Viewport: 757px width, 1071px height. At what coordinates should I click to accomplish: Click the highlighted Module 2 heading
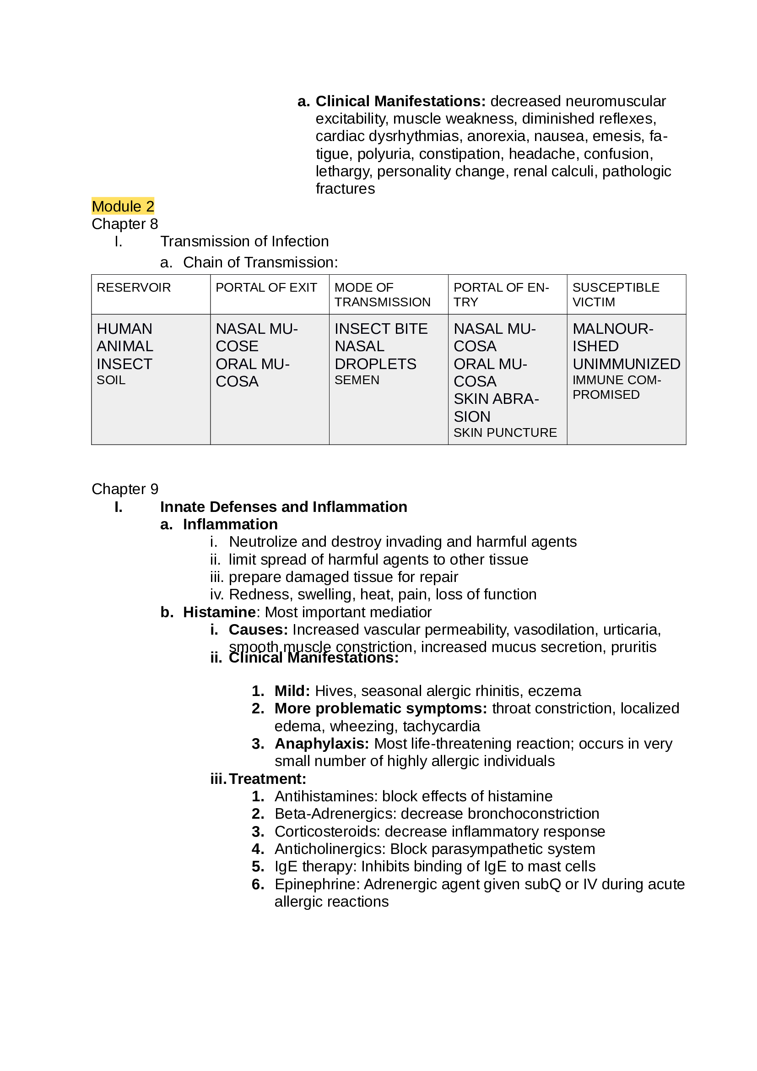[123, 206]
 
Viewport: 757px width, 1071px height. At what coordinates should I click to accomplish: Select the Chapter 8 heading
[124, 224]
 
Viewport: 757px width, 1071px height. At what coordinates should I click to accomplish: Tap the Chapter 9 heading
[124, 489]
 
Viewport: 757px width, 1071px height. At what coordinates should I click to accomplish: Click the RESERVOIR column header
[133, 288]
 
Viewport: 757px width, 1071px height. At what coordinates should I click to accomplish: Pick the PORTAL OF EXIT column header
[266, 288]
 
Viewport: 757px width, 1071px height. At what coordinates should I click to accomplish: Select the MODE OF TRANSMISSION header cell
[382, 294]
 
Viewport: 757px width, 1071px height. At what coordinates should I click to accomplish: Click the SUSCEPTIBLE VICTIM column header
[615, 294]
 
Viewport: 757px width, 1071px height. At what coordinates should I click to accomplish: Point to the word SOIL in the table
[111, 380]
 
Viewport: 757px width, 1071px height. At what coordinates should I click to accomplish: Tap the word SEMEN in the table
[357, 380]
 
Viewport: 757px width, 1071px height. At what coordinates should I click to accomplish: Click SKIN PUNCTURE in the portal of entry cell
[505, 432]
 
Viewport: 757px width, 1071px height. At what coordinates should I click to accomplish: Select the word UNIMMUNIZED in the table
[626, 364]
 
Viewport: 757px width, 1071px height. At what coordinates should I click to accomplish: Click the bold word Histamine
[219, 612]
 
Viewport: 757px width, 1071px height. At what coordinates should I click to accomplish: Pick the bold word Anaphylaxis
[322, 744]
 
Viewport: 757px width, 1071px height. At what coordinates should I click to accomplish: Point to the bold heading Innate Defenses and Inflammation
[283, 506]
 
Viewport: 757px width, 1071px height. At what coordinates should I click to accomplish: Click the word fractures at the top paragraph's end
[345, 189]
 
